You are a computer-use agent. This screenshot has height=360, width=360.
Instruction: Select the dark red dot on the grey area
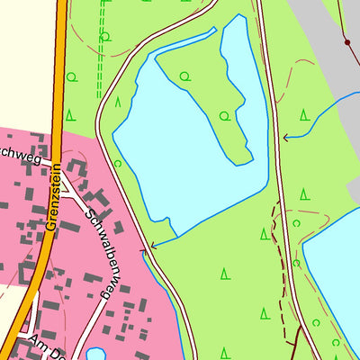point(346,41)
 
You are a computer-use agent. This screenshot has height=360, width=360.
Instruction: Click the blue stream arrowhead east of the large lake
point(285,138)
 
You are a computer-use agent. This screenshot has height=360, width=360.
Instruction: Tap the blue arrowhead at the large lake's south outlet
point(153,244)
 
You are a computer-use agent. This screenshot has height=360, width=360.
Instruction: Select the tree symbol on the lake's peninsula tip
point(225,115)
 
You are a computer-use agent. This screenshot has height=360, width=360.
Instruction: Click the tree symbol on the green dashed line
point(105,37)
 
